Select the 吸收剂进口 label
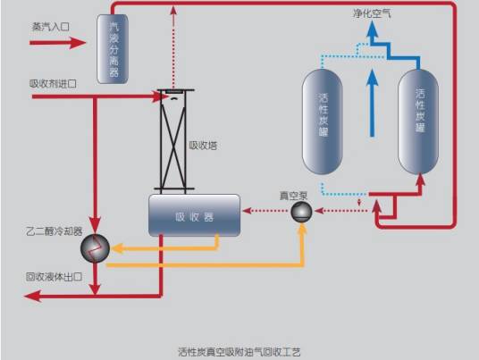tap(53, 83)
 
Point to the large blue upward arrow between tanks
tap(370, 104)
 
